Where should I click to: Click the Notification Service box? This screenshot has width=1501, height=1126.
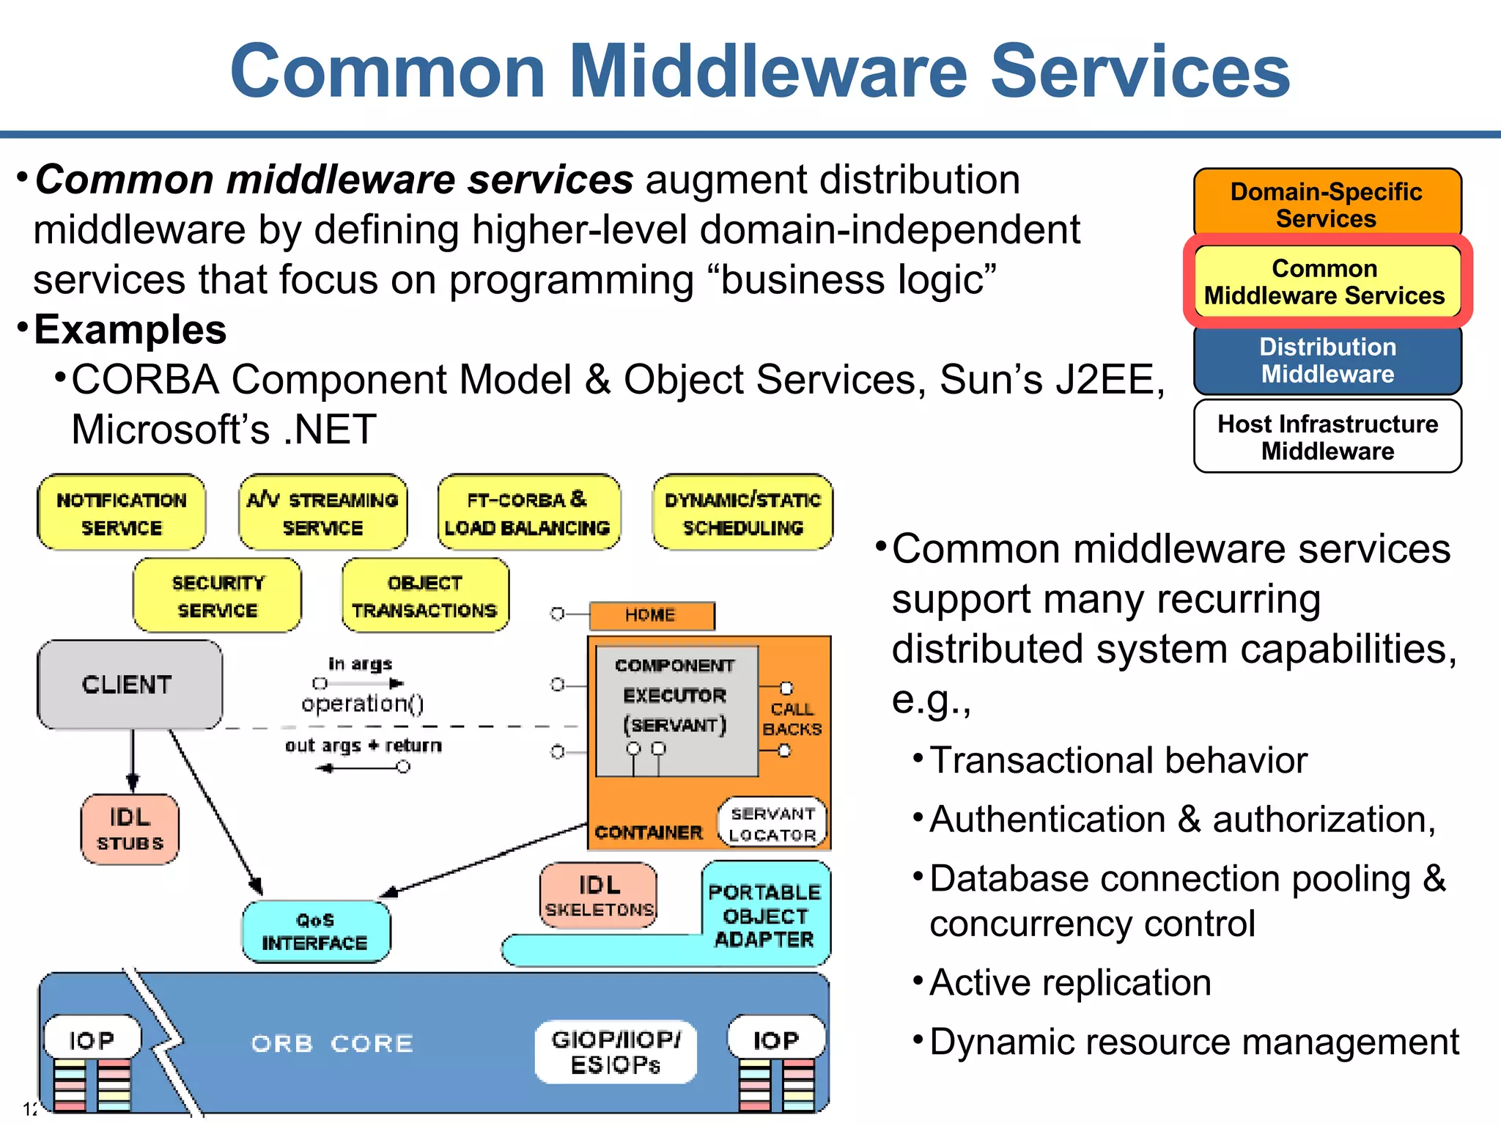[122, 512]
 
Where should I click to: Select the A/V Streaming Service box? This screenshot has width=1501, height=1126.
[322, 512]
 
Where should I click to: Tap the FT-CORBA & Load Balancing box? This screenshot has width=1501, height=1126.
[528, 512]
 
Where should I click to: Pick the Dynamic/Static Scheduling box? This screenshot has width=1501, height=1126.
[742, 512]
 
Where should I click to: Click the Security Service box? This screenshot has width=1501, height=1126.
[217, 595]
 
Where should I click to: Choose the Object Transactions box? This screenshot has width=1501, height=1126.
[424, 595]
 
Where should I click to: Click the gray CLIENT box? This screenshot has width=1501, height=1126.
[129, 684]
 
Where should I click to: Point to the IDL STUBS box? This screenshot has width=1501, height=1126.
[130, 829]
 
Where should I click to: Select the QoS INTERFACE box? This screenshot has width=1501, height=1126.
[315, 931]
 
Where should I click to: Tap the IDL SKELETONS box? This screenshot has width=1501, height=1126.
[599, 895]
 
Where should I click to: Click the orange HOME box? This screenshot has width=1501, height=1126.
[651, 616]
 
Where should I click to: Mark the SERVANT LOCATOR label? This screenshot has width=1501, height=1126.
[772, 824]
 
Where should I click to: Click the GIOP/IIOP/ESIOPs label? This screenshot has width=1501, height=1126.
[616, 1051]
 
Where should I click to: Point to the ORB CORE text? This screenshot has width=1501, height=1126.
[332, 1043]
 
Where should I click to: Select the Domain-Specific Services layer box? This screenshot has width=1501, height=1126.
[1327, 203]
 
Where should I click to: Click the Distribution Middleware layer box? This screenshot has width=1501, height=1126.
[1327, 360]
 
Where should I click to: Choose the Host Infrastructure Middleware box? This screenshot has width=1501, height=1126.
[1327, 437]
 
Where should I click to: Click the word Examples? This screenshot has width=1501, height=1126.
[130, 329]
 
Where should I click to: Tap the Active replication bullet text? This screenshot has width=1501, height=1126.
[1070, 982]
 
